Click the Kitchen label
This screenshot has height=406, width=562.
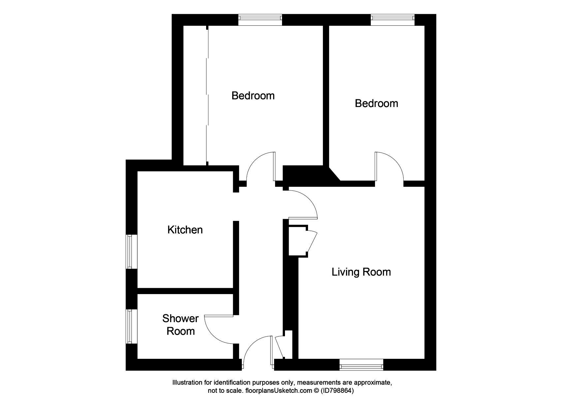pos(185,230)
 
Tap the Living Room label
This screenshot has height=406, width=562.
pos(361,272)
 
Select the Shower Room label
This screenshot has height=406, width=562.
pos(180,325)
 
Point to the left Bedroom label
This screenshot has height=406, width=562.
pos(253,96)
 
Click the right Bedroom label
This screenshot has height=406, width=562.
pos(376,103)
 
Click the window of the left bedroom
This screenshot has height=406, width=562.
pos(260,20)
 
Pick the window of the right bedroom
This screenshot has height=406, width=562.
pos(393,20)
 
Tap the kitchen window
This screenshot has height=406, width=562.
pos(132,252)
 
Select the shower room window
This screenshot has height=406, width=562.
pos(132,326)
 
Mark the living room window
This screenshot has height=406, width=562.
pos(361,364)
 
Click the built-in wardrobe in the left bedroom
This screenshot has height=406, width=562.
pos(195,95)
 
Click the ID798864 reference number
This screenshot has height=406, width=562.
pos(337,391)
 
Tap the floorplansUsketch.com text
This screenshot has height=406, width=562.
pos(278,391)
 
